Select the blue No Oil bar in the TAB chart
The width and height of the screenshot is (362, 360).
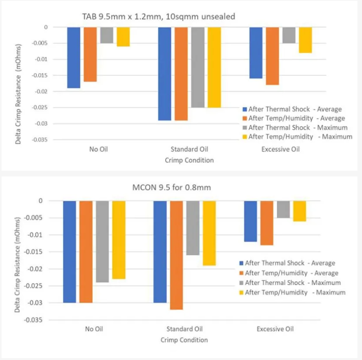click(74, 57)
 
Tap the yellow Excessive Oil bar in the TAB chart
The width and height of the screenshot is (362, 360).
click(305, 40)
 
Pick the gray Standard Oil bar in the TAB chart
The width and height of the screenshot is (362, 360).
click(198, 67)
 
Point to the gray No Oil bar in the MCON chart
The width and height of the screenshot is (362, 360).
click(102, 241)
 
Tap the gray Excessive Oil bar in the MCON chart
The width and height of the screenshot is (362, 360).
click(283, 209)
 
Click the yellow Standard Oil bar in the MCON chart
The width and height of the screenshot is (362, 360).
click(209, 233)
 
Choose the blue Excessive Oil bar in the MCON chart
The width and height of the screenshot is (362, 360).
click(250, 221)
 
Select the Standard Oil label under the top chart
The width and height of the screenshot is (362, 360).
click(189, 149)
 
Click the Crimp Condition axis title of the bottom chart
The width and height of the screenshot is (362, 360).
click(184, 340)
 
